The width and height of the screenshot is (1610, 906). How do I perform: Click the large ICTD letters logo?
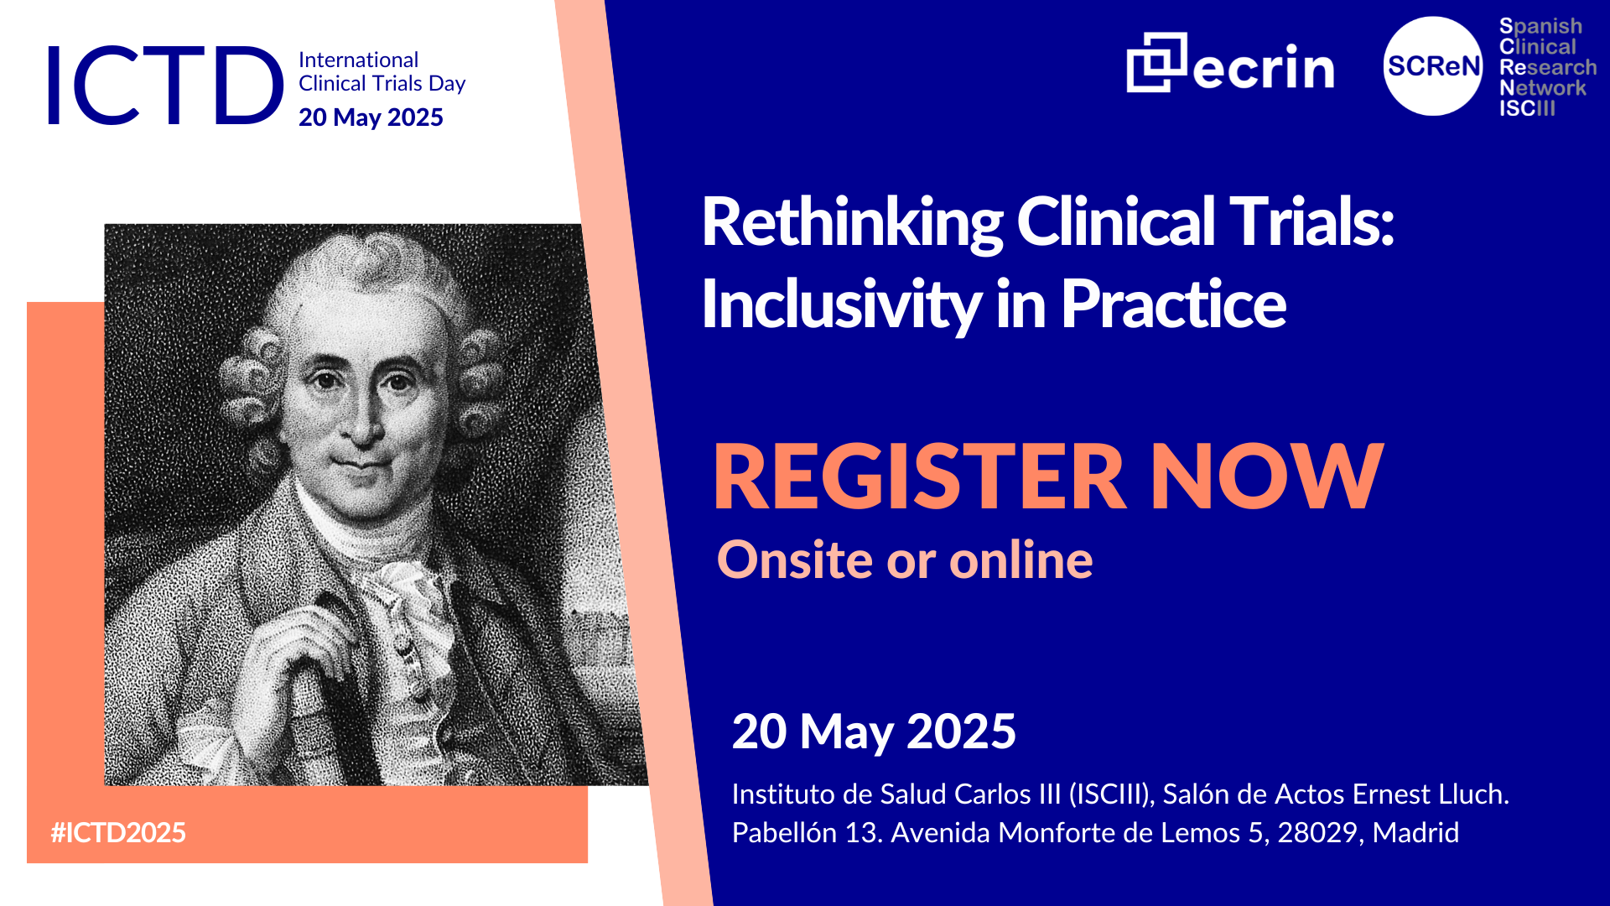165,86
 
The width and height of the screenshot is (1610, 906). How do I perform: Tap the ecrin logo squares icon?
1156,62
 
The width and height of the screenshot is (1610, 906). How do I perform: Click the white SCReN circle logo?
1433,66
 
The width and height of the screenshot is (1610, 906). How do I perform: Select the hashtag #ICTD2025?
118,832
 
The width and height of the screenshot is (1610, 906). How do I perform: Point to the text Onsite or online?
905,560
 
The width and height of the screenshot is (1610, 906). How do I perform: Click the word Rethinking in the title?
852,223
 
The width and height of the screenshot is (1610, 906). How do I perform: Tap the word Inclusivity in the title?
841,304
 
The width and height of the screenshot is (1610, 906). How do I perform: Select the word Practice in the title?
1173,304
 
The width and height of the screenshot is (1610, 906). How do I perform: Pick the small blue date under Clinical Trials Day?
371,117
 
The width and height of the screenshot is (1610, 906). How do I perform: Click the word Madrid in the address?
1415,832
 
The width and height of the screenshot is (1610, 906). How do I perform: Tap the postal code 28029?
1317,832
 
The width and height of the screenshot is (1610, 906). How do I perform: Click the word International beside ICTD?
358,60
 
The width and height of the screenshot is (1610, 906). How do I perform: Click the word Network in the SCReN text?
1542,88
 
